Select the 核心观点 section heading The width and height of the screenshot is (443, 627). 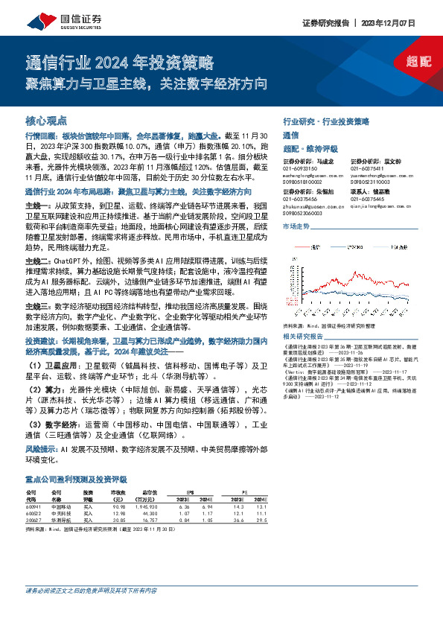tap(46, 121)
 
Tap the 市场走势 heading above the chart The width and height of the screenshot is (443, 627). tap(296, 225)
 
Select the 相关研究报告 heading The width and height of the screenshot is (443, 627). tap(302, 315)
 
